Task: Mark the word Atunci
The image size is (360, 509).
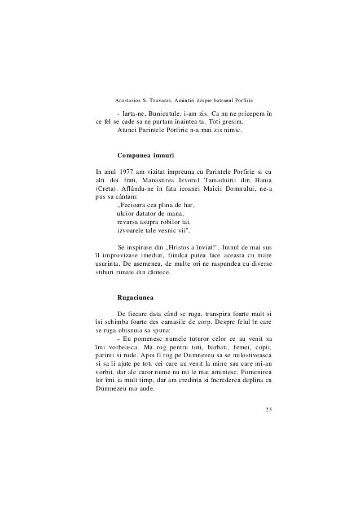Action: tap(129, 130)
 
